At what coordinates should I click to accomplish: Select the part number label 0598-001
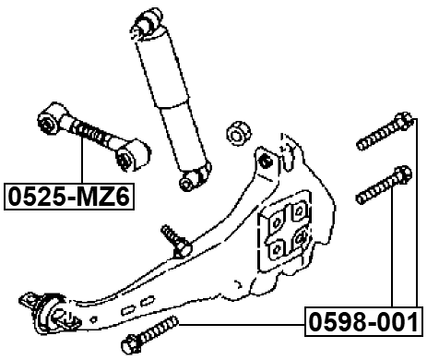click(363, 323)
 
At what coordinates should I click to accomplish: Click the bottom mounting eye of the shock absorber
click(191, 180)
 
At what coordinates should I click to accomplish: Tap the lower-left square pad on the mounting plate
click(279, 250)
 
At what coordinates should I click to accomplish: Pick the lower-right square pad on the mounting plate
click(302, 243)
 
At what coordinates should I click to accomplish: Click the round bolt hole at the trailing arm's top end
click(266, 162)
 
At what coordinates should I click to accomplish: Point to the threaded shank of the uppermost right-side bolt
click(376, 137)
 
